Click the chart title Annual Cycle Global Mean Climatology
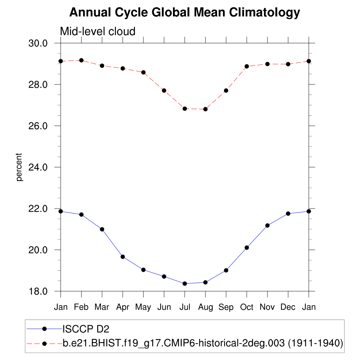pos(185,13)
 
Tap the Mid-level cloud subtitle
pos(98,31)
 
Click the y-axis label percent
pos(19,167)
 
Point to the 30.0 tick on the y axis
pos(38,43)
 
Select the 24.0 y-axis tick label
pos(38,167)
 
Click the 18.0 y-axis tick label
pos(38,291)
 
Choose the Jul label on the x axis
pos(185,307)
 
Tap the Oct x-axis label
pos(247,307)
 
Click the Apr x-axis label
pos(123,307)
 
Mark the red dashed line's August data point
pos(205,109)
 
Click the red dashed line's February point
pos(82,60)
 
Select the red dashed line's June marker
pos(164,90)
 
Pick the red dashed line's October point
pos(247,66)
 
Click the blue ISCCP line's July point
pos(185,283)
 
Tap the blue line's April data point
pos(123,257)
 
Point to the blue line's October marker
pos(247,247)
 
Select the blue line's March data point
pos(102,229)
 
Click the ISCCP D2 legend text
pos(86,329)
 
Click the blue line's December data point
pos(288,213)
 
